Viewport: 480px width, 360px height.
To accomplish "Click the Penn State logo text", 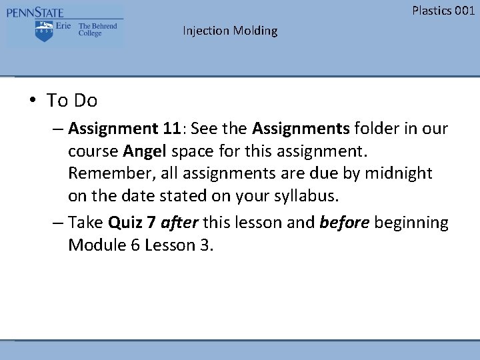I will (35, 12).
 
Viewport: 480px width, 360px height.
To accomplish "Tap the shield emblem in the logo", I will (44, 31).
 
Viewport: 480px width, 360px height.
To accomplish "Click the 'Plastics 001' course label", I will (443, 10).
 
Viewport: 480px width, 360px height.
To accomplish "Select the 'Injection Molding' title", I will (230, 31).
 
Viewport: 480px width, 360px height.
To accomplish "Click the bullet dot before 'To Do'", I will (32, 101).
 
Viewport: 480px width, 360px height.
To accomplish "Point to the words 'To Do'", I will (72, 101).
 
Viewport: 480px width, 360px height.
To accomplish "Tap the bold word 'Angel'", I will (145, 151).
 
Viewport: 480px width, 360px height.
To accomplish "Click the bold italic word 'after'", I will (179, 222).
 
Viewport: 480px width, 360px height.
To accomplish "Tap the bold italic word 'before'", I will (344, 222).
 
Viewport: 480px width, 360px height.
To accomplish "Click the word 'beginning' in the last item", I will (411, 222).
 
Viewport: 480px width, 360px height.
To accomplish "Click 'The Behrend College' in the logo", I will (97, 30).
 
